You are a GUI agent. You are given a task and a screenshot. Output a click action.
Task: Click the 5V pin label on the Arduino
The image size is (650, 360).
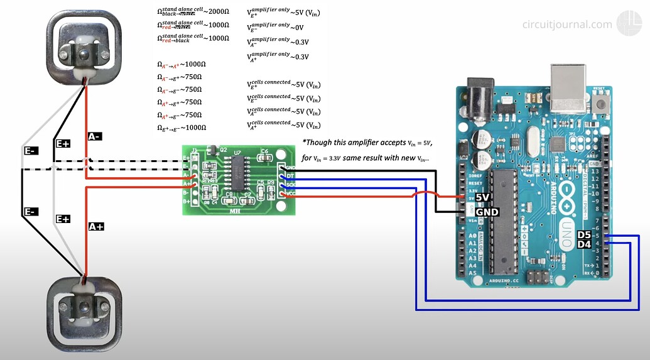[x=482, y=197]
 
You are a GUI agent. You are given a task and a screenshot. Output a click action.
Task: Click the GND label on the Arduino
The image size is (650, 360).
[x=487, y=212]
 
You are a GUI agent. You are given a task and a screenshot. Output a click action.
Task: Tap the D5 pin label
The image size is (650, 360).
[x=584, y=236]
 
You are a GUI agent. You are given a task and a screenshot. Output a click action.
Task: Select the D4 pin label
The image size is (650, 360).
[x=584, y=244]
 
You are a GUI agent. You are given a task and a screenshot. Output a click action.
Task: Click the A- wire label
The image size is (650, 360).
[x=95, y=136]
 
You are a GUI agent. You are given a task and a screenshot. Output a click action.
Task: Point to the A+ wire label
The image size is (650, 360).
[x=96, y=226]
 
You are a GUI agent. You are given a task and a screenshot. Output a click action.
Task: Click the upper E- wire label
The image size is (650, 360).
[x=30, y=151]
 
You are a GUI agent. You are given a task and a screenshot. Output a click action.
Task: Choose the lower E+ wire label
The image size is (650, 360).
[x=63, y=219]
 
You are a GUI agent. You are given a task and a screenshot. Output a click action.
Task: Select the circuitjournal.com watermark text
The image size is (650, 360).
[x=566, y=25]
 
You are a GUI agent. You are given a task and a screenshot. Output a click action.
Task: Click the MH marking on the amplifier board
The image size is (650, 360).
[x=234, y=210]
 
